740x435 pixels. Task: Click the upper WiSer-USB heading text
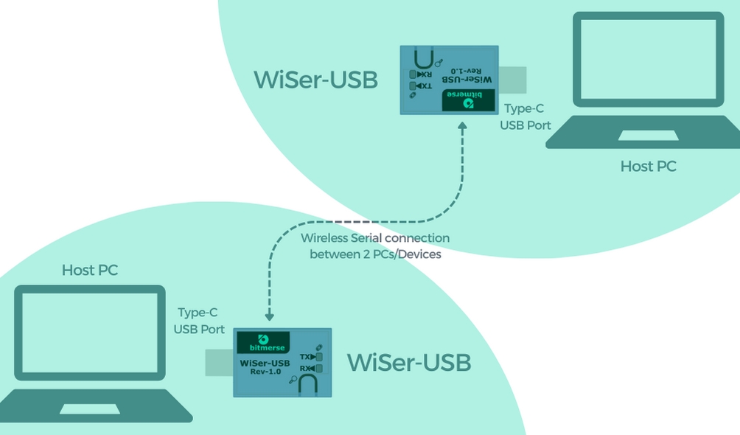click(x=315, y=80)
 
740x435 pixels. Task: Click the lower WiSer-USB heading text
click(x=409, y=363)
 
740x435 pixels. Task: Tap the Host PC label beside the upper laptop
click(x=648, y=167)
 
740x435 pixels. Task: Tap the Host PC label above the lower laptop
click(x=90, y=270)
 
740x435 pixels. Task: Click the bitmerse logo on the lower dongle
click(x=262, y=343)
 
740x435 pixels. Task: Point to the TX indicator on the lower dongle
click(x=311, y=357)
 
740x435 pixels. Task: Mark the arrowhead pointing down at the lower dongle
click(x=269, y=316)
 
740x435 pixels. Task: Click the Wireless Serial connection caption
click(x=375, y=246)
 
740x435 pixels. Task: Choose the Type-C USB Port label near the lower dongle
click(x=199, y=321)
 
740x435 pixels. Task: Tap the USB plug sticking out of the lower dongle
click(x=220, y=363)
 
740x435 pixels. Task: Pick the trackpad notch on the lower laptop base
click(x=89, y=408)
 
